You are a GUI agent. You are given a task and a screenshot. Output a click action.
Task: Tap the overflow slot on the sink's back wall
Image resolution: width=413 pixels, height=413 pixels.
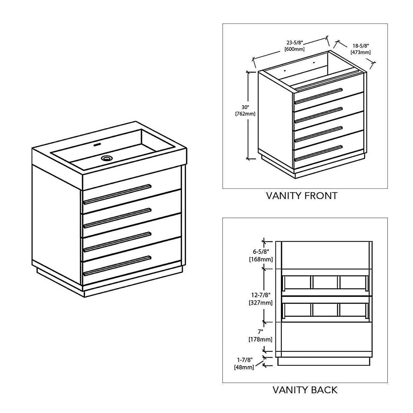98,144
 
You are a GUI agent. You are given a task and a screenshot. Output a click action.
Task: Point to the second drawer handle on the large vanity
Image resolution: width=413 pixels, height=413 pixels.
117,218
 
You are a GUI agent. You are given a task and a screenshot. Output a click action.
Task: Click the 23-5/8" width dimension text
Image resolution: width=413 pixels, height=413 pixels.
294,43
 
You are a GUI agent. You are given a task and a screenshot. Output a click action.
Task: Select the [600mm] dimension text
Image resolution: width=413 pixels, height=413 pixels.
294,49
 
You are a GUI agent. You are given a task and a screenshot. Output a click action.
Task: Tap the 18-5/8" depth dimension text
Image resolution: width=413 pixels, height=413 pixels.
360,46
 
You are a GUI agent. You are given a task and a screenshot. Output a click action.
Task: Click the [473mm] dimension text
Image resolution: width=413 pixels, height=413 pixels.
360,52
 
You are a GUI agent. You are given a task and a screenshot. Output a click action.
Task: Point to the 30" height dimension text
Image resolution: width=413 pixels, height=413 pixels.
245,107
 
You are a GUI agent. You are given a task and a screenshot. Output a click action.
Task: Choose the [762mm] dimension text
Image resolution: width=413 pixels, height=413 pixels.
245,114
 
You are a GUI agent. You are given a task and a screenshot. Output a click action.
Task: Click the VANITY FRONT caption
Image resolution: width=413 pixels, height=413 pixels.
302,196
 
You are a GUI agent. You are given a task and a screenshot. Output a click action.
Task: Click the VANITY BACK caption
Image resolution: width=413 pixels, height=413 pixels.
305,390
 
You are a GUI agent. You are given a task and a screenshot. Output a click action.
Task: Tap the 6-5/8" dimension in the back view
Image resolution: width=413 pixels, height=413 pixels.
261,252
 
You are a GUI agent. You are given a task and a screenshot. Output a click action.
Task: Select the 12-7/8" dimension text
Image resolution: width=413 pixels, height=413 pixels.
261,295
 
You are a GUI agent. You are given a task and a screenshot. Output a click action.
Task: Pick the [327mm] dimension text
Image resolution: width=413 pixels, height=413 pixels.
261,302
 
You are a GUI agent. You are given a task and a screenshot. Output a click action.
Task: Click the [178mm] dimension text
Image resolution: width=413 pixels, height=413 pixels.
260,339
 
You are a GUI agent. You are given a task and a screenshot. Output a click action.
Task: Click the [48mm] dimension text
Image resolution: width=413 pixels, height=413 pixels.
244,368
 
